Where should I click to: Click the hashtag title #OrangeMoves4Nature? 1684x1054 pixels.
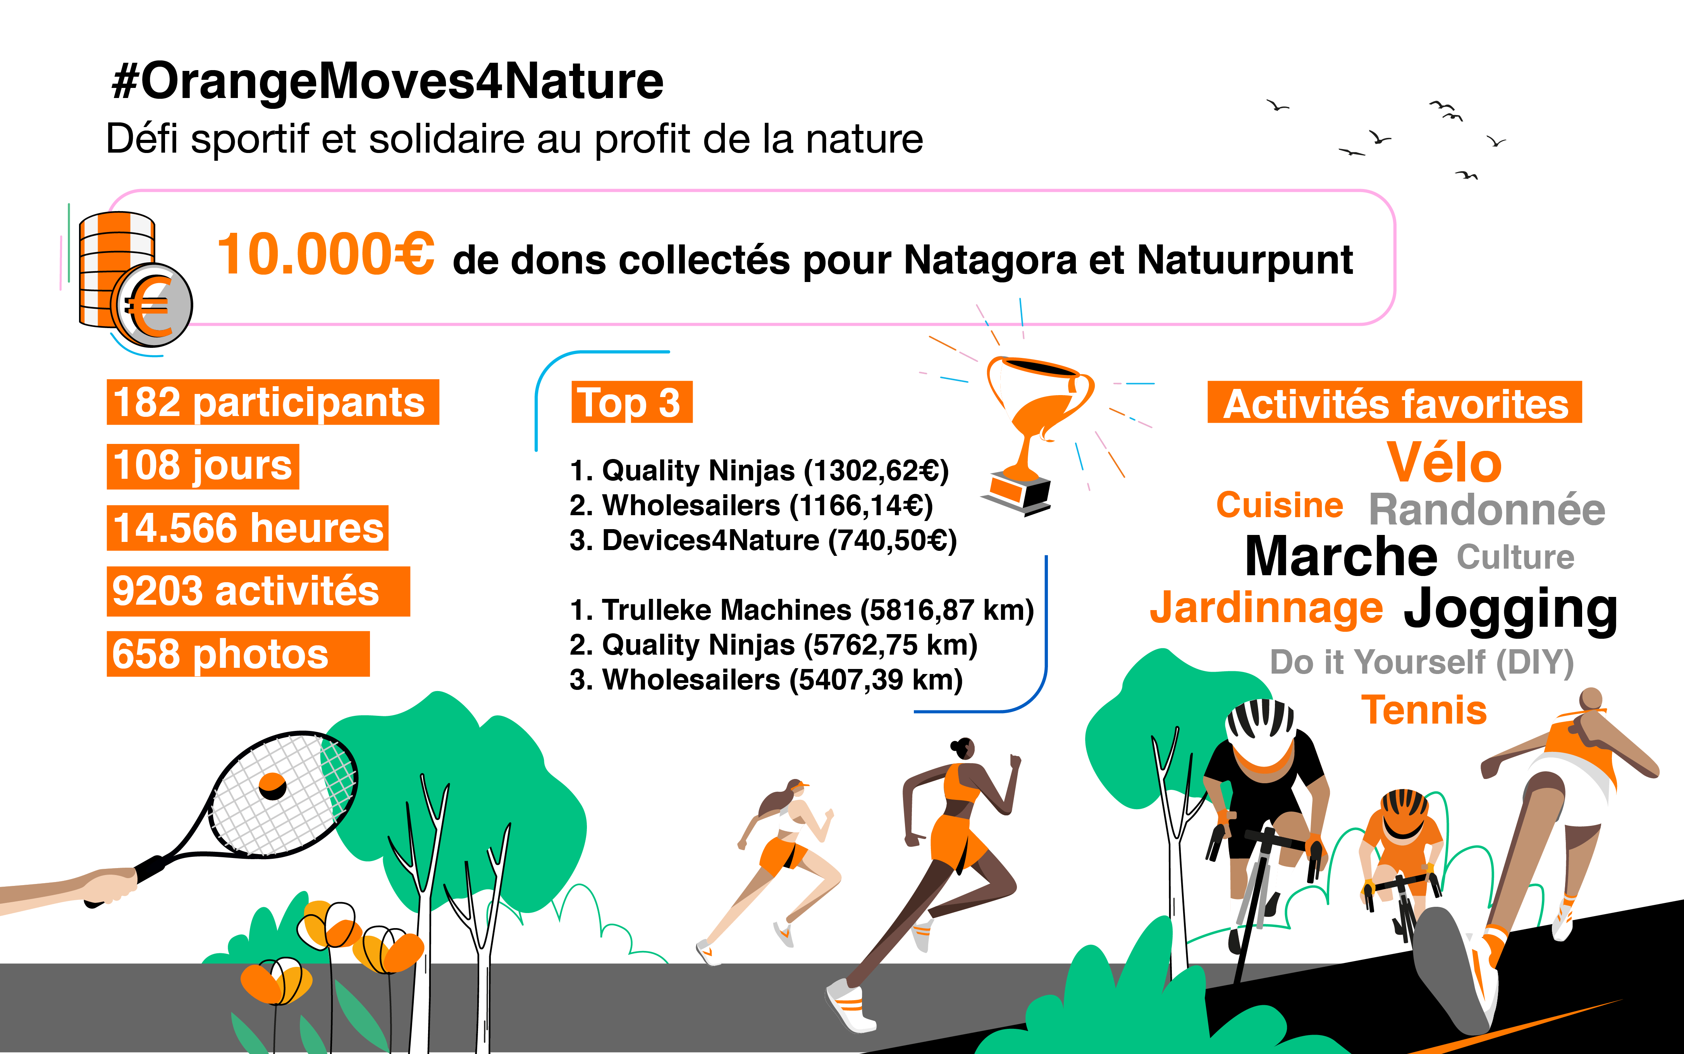pos(387,82)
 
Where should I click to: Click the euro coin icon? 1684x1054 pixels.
pos(152,304)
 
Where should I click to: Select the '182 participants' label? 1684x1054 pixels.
pos(273,402)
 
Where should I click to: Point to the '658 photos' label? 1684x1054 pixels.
pos(238,654)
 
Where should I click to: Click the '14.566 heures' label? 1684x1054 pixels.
pos(248,528)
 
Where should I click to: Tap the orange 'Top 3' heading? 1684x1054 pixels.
pos(631,402)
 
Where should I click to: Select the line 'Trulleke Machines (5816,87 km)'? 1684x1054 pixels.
pos(802,610)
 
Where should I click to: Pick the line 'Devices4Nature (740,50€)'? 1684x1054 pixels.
pos(763,540)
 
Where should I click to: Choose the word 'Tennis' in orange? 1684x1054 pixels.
pos(1424,710)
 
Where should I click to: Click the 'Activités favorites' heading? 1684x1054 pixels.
pos(1395,402)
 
